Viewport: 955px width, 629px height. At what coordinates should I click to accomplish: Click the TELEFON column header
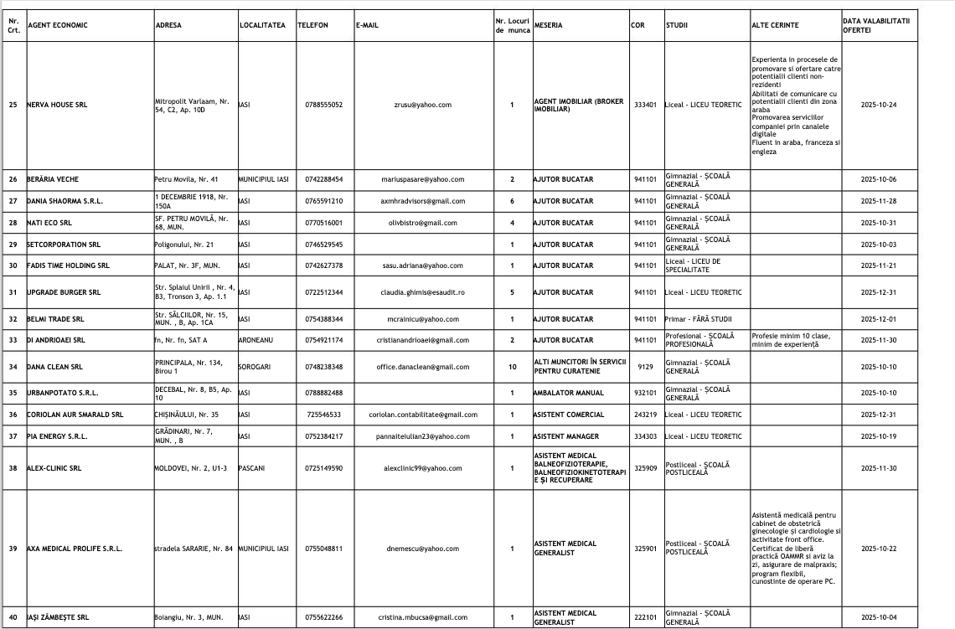point(312,25)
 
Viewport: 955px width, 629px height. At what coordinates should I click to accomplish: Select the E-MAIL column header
point(367,25)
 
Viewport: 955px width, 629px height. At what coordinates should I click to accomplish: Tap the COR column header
point(638,25)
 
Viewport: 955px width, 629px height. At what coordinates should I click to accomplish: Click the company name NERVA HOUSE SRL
point(57,105)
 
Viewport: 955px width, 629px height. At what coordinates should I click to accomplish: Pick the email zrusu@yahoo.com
point(422,105)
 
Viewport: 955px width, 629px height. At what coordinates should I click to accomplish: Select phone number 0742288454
point(324,179)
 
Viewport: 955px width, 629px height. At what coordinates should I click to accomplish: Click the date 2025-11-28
point(879,201)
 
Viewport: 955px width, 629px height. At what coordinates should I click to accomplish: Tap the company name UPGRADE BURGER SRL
point(64,292)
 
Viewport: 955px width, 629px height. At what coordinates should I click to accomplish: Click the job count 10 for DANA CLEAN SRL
point(512,367)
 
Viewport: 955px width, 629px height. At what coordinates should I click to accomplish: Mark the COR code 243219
point(645,415)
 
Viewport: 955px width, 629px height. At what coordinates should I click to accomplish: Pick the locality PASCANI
point(252,468)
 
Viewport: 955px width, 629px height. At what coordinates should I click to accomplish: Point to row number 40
point(13,617)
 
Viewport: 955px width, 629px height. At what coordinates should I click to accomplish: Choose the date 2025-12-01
point(879,319)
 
